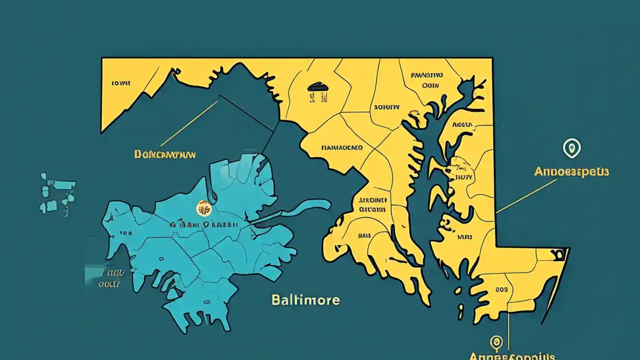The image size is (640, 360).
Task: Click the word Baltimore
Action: click(305, 300)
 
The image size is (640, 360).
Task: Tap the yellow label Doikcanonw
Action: click(165, 154)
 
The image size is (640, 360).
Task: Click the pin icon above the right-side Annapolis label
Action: click(571, 148)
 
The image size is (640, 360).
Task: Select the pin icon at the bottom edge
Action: click(496, 342)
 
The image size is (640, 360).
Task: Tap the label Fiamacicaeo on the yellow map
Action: click(341, 148)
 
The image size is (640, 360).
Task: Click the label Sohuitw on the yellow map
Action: click(386, 107)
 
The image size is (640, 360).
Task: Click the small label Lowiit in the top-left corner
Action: click(121, 83)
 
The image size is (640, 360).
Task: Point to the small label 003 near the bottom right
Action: click(501, 289)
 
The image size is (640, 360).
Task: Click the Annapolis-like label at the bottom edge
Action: click(511, 356)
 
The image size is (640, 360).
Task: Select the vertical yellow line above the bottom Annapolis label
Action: click(508, 330)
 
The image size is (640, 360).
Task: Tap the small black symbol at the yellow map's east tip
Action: click(559, 254)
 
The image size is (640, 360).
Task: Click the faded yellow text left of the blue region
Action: click(111, 279)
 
